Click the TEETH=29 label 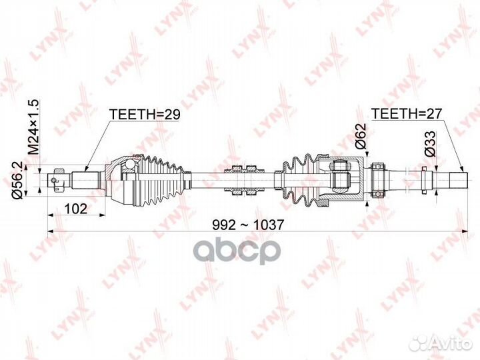(145, 114)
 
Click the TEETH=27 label (407, 114)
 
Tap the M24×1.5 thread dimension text (34, 127)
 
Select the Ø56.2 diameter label (17, 181)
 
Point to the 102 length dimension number (76, 209)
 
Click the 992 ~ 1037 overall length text (248, 225)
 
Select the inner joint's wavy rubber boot (299, 180)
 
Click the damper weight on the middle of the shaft (244, 180)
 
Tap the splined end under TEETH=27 (458, 181)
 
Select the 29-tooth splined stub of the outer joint (86, 180)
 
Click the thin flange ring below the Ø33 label (424, 180)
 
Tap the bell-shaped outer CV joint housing (120, 180)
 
